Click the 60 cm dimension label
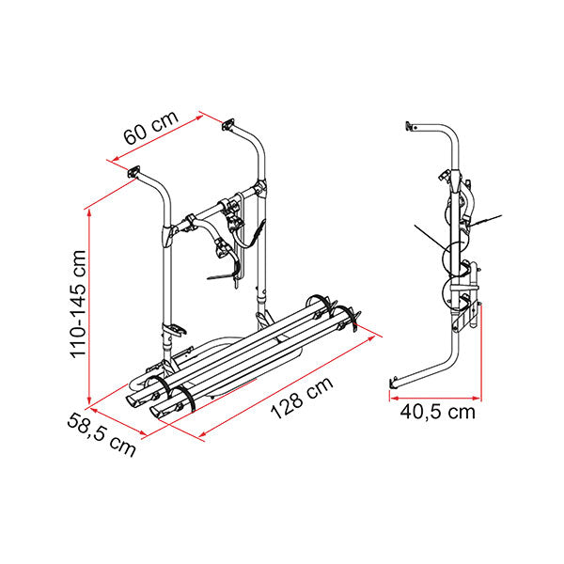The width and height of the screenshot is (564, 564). pos(150,127)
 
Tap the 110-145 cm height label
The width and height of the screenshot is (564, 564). pos(78,304)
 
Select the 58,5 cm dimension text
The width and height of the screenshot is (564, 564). pos(102,434)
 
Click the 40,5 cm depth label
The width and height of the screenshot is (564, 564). pos(437,412)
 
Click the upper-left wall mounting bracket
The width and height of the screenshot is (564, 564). pos(133,171)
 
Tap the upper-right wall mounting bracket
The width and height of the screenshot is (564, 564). pos(228,124)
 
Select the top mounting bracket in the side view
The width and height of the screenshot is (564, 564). pos(410,126)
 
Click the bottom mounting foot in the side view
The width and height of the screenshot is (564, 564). pos(394,383)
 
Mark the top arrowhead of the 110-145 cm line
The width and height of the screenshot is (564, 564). pos(89,212)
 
